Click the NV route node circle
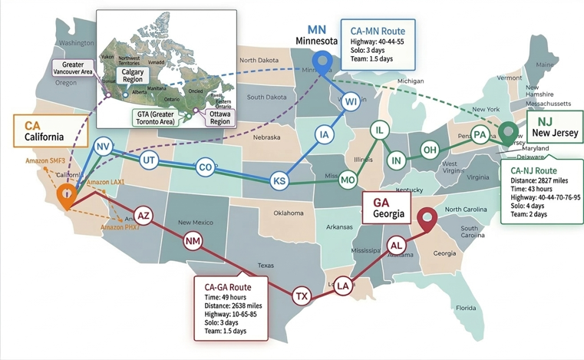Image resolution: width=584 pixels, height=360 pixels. (103, 147)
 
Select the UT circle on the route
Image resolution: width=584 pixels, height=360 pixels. (149, 160)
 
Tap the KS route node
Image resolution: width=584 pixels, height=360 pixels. (279, 181)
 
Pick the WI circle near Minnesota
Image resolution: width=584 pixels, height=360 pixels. (351, 101)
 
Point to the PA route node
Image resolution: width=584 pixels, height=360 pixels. (480, 134)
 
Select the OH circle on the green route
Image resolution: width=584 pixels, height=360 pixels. (430, 149)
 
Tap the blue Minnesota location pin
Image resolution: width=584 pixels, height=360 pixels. (322, 61)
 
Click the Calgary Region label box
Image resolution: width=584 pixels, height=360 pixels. (132, 75)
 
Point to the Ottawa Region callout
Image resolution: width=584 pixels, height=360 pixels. (219, 117)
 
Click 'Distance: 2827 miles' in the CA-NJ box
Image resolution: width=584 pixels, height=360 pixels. (540, 180)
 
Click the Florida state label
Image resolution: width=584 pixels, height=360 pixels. (466, 308)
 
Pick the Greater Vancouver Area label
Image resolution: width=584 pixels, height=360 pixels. (74, 68)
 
